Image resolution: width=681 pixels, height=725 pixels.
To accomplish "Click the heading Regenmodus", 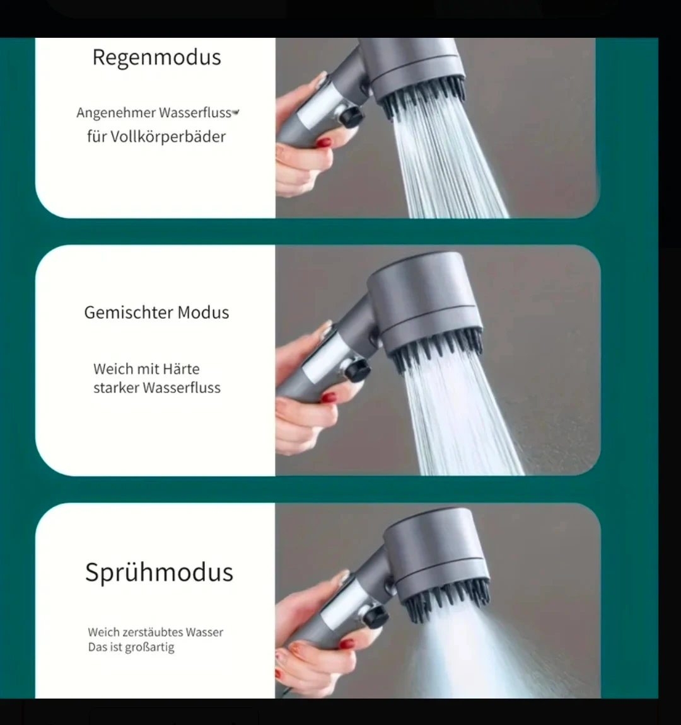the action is (156, 58).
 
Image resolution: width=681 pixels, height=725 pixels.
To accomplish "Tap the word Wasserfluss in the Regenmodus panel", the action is (194, 112).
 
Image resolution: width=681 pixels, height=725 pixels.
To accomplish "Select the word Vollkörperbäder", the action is (168, 137).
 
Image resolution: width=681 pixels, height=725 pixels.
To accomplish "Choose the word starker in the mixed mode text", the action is (116, 387).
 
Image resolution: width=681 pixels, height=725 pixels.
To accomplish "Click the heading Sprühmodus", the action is (160, 573).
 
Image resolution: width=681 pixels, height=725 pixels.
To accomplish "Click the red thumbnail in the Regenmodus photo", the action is (323, 142).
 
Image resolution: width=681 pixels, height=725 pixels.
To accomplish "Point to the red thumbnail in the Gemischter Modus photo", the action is (329, 397).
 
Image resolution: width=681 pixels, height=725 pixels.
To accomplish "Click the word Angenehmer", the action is (116, 113).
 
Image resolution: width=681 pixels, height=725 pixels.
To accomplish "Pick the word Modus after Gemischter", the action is (203, 312).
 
